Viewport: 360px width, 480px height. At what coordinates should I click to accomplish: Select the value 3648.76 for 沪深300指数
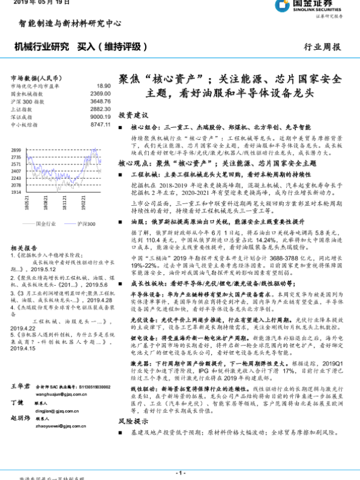coord(100,101)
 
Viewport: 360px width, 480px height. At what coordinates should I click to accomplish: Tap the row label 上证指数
coord(20,109)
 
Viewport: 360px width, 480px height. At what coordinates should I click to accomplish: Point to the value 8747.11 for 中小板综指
coord(100,124)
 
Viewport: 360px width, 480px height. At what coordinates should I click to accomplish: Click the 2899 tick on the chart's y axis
coord(16,150)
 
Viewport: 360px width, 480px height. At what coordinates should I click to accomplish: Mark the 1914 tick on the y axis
coord(16,192)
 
